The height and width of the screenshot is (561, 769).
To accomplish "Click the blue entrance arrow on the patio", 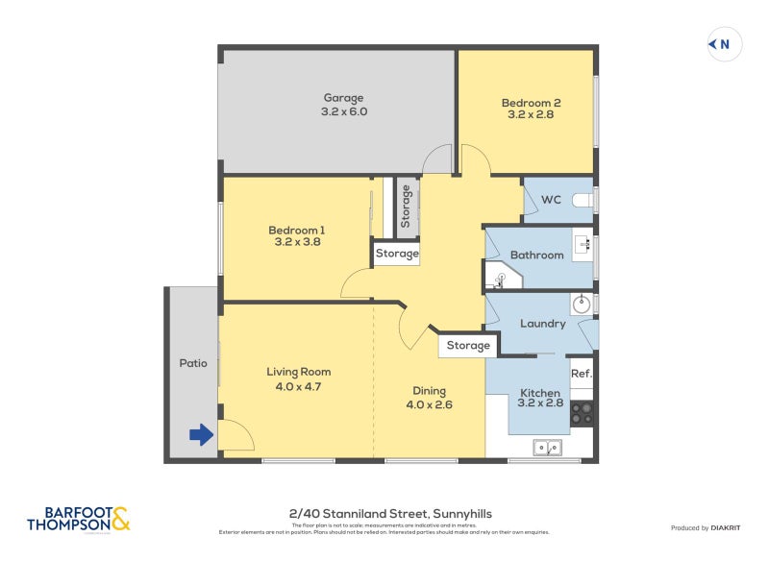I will pyautogui.click(x=200, y=435).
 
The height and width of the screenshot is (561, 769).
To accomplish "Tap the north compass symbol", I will pyautogui.click(x=724, y=44).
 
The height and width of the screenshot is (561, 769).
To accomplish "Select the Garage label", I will pyautogui.click(x=343, y=98).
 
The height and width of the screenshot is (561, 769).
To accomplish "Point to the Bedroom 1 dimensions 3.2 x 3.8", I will pyautogui.click(x=296, y=243).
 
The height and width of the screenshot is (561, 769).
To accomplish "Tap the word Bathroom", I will pyautogui.click(x=536, y=255).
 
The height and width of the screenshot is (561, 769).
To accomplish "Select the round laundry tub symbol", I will pyautogui.click(x=582, y=305).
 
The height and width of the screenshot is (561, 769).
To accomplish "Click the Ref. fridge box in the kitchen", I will pyautogui.click(x=581, y=373).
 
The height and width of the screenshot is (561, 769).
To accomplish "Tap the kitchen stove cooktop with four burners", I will pyautogui.click(x=583, y=413).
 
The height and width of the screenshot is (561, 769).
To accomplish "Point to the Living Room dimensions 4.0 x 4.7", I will pyautogui.click(x=298, y=387).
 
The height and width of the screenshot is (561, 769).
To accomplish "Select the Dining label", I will pyautogui.click(x=429, y=391).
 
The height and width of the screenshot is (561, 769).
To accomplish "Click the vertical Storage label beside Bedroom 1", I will pyautogui.click(x=407, y=207).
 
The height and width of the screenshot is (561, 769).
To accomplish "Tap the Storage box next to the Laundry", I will pyautogui.click(x=467, y=346).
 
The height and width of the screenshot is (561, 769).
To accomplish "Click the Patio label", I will pyautogui.click(x=193, y=363).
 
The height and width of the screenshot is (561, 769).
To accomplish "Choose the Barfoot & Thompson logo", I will pyautogui.click(x=78, y=520).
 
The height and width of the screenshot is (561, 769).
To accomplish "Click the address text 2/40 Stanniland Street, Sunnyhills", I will pyautogui.click(x=390, y=514).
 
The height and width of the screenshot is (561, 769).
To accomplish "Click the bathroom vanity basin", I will pyautogui.click(x=583, y=245).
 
